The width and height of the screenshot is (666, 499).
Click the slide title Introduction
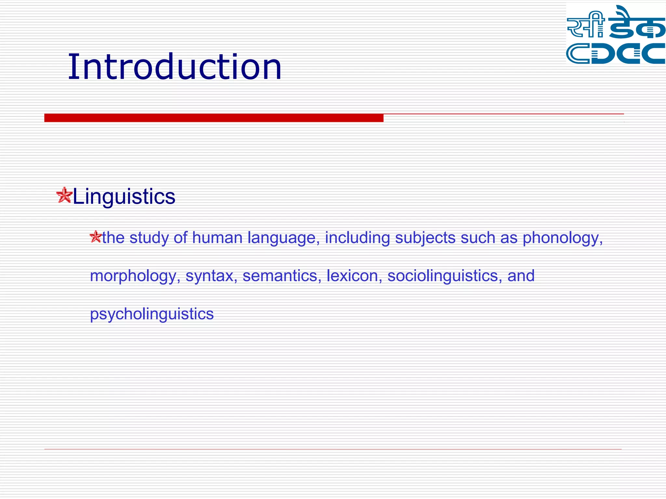174,67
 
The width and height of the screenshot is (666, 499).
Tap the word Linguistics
124,197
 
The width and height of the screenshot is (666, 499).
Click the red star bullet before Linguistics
64,195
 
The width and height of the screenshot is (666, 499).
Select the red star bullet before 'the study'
96,237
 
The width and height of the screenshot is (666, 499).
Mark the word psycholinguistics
152,314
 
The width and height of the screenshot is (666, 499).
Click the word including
357,238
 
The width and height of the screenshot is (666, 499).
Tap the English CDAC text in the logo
615,54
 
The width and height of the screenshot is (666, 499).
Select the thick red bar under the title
214,118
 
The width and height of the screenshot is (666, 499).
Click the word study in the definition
149,238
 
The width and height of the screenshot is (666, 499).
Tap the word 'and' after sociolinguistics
521,276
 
